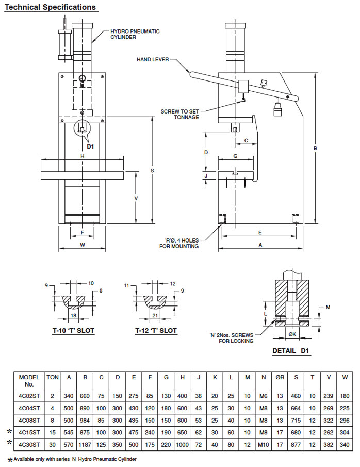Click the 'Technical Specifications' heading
click(x=50, y=7)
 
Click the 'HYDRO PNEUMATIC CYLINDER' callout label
click(x=135, y=34)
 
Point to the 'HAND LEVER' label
click(x=153, y=59)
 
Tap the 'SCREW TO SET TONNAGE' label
click(x=179, y=114)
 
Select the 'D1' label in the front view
click(x=90, y=147)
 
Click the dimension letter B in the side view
click(x=315, y=148)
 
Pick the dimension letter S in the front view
click(x=152, y=170)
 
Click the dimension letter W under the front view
click(x=83, y=245)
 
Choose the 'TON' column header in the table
click(x=52, y=377)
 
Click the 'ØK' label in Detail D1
click(x=291, y=334)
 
